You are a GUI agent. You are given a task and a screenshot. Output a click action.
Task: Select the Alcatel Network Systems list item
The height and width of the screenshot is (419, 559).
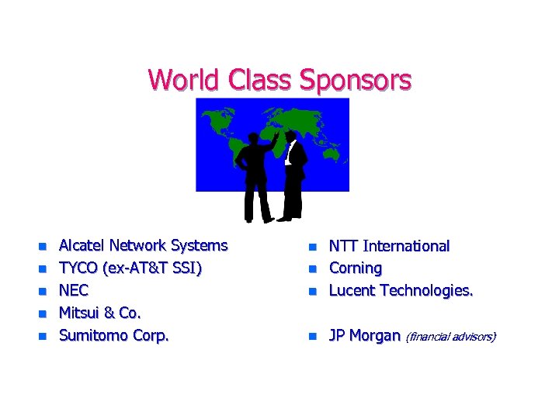[x=143, y=246]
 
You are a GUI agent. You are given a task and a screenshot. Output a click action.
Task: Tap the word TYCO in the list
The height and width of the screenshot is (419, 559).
[x=78, y=268]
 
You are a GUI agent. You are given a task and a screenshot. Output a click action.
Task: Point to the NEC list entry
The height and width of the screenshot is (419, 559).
[x=74, y=291]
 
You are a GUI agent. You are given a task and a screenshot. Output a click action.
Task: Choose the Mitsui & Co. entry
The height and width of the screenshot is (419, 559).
[x=100, y=313]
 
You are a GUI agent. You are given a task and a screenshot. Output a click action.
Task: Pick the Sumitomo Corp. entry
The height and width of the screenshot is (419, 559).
[x=113, y=336]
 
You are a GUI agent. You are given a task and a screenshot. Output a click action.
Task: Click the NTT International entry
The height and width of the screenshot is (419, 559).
[x=389, y=246]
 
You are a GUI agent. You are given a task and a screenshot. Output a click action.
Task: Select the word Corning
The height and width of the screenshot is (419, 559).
[x=356, y=268]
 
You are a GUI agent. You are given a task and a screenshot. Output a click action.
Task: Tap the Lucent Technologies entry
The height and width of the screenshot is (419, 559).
[x=401, y=291]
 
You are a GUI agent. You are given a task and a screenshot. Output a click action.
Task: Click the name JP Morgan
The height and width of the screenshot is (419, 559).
[x=364, y=336]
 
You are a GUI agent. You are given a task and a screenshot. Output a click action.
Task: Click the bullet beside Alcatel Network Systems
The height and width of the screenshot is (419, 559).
[x=43, y=247]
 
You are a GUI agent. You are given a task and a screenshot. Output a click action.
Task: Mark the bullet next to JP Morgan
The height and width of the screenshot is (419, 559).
[x=312, y=337]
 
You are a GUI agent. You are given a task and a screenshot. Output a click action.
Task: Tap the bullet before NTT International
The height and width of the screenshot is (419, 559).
[x=312, y=247]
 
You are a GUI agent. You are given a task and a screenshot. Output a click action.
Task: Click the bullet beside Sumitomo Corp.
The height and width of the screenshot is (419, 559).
[x=43, y=337]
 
